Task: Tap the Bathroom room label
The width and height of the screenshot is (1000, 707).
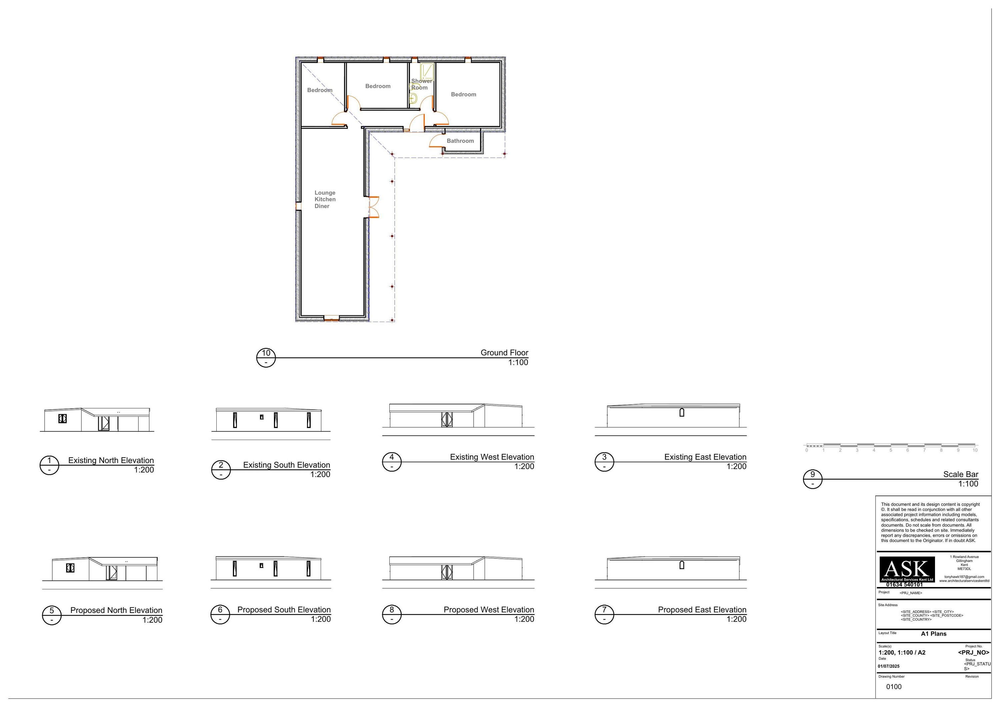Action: (460, 141)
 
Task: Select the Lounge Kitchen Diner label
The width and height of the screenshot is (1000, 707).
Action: (325, 199)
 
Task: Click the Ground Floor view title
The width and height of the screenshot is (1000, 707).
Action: (504, 352)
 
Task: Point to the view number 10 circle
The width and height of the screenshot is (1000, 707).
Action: (266, 358)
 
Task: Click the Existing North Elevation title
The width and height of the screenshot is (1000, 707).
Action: (111, 460)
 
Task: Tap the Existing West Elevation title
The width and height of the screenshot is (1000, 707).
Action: (492, 457)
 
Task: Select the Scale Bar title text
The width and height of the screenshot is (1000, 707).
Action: (960, 474)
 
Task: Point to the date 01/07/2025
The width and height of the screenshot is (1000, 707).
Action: (889, 666)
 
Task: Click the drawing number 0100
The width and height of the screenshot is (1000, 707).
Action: (894, 687)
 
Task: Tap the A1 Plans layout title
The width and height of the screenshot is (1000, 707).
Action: (933, 634)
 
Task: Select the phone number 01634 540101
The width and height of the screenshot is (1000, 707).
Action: (904, 585)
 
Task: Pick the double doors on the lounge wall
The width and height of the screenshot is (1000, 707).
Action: (373, 207)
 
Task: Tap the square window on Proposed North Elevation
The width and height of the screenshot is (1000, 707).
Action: (70, 568)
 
